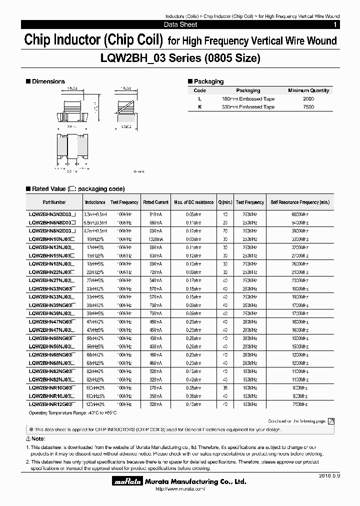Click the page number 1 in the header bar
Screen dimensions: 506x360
tap(334, 24)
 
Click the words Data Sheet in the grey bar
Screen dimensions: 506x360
tap(180, 24)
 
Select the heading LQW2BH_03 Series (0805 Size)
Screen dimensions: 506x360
tap(180, 58)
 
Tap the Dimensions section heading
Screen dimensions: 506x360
tap(48, 81)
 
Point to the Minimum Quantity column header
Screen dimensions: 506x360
tap(308, 90)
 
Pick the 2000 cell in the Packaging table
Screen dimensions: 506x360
tap(308, 99)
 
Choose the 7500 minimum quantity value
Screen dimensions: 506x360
tap(308, 107)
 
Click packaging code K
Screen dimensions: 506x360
tap(199, 107)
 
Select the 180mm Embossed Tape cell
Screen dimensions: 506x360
tap(248, 99)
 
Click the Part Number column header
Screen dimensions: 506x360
tap(54, 202)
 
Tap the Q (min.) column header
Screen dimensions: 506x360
tap(225, 202)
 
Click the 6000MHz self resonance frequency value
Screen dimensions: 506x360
tap(300, 214)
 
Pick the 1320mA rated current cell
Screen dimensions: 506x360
tap(155, 239)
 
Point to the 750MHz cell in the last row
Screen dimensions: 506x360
tap(300, 403)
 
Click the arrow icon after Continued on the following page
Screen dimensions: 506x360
tap(330, 421)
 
